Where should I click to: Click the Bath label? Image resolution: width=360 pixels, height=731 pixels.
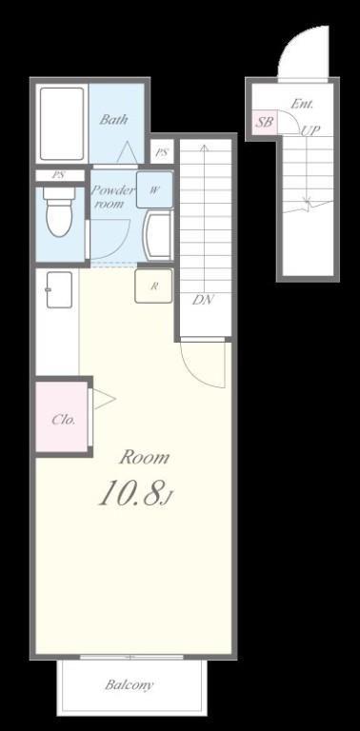113,120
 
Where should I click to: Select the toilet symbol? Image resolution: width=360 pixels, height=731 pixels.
58,211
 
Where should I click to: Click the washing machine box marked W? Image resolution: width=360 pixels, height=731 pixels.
154,189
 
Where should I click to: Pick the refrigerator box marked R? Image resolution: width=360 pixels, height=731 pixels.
153,286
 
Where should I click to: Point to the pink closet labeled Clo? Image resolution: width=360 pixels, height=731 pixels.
62,416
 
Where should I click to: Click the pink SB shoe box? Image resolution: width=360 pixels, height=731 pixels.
265,122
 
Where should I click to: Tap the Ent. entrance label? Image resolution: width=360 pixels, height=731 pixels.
302,104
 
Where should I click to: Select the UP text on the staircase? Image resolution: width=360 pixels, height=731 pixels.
310,131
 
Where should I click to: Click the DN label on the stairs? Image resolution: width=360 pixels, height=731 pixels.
203,300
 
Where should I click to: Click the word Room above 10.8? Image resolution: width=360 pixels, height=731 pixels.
144,457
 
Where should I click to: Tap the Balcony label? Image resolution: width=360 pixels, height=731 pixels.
130,685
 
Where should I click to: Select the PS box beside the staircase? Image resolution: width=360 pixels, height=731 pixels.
162,152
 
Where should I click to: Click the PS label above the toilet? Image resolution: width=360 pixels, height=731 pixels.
58,176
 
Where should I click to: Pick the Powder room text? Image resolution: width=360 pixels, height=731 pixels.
112,197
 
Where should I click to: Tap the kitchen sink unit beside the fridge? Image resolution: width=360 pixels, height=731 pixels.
60,290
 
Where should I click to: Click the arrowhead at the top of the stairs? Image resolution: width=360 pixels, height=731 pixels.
204,148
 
